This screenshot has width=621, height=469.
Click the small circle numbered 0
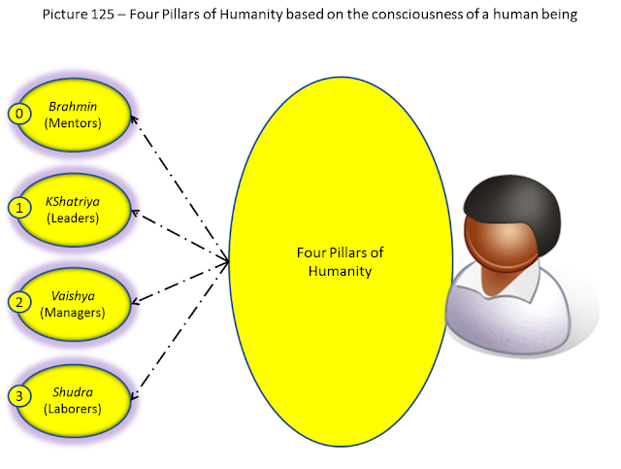pos(19,114)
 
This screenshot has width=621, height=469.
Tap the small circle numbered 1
pos(19,208)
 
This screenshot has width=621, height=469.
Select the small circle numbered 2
pos(19,303)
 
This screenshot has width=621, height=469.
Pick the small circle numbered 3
pos(19,396)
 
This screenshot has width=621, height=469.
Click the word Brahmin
pos(73,106)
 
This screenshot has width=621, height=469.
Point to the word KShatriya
pos(73,202)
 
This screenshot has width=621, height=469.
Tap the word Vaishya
pos(74,296)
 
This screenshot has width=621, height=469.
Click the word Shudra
pos(73,392)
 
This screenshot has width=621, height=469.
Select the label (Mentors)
pos(73,123)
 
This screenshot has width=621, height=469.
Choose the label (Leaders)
pos(73,218)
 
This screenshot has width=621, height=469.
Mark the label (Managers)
pos(73,313)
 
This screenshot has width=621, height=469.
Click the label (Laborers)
pos(73,409)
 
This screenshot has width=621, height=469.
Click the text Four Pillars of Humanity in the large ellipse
pos(341,261)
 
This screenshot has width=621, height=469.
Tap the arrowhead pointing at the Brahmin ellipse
pos(134,119)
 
